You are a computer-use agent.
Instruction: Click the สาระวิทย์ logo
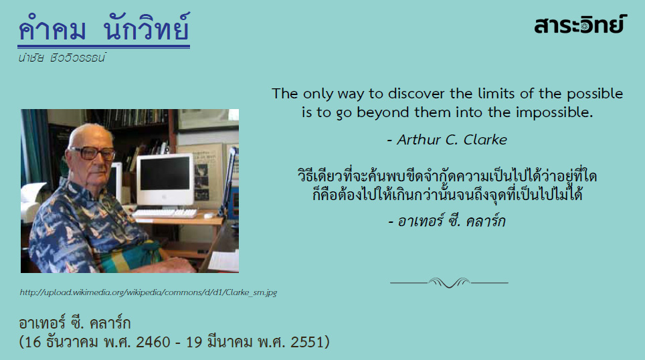click(580, 24)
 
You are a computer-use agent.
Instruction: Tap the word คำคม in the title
click(52, 27)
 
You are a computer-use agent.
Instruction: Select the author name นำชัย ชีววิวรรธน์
click(62, 58)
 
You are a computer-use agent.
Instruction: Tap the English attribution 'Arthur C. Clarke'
click(447, 140)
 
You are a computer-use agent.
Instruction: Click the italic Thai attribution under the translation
click(447, 221)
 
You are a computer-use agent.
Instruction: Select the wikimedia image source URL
click(149, 292)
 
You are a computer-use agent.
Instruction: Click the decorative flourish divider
click(449, 282)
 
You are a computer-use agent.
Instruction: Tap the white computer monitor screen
click(165, 174)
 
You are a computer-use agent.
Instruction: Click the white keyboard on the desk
click(165, 213)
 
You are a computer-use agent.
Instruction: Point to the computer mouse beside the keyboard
click(209, 215)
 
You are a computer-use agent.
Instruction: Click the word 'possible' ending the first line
click(595, 94)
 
